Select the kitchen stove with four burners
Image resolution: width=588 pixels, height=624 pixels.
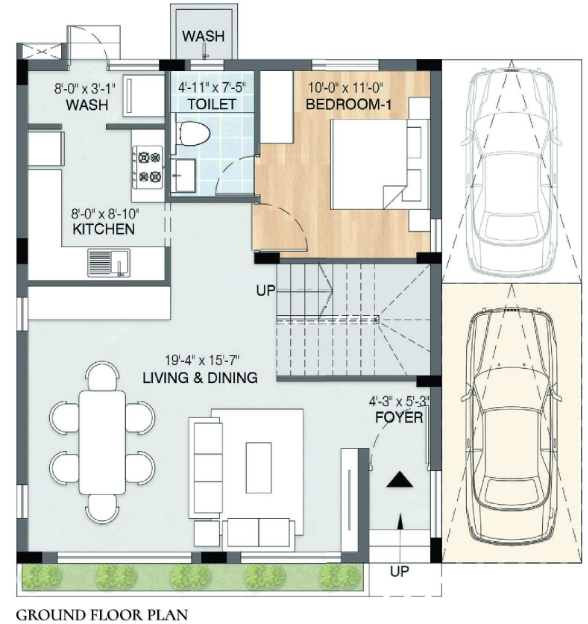coord(149,166)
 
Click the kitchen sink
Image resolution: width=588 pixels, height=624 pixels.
coord(106,263)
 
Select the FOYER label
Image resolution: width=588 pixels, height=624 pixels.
coord(396,417)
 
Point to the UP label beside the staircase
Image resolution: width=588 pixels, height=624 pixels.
coord(265,291)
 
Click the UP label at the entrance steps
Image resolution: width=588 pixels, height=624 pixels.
coord(398,572)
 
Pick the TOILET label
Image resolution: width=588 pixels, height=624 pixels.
coord(211,103)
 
